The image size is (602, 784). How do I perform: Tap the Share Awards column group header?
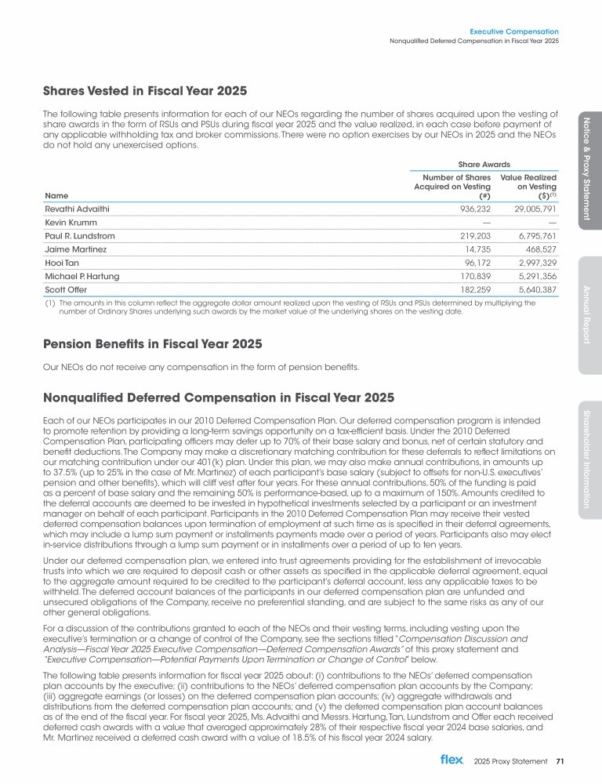[484, 164]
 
